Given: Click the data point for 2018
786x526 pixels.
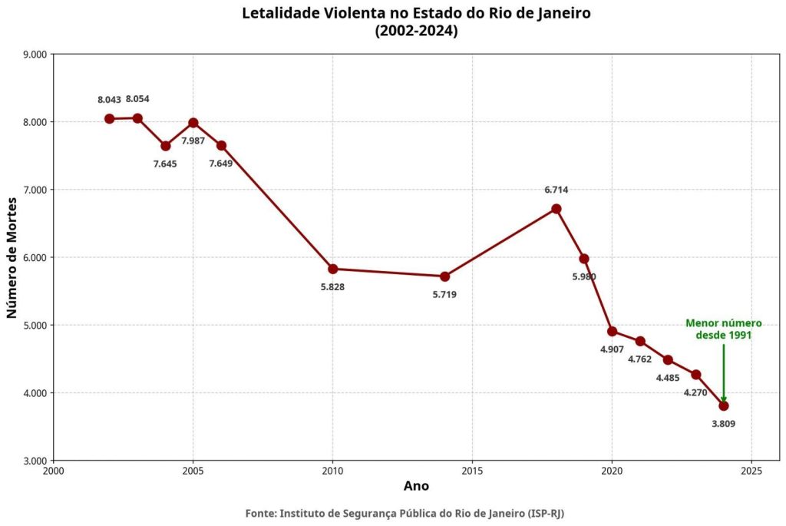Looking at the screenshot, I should [556, 209].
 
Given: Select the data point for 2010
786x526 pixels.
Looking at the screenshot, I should [332, 269].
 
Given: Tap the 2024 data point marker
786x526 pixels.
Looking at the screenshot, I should [724, 405].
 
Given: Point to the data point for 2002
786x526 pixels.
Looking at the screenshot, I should [109, 118].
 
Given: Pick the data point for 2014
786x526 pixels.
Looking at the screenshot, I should [444, 276].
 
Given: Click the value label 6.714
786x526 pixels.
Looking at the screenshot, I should [556, 190].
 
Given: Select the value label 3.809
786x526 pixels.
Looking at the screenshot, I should [724, 423].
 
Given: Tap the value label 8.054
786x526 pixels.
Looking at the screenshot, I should [137, 99].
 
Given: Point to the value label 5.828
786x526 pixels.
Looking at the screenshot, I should [332, 287].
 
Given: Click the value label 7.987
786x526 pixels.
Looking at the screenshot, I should [193, 141].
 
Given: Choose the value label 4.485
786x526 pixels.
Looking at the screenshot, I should [668, 378].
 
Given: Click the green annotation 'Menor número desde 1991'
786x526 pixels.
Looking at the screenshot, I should [723, 329].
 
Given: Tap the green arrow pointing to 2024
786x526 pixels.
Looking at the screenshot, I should [724, 372].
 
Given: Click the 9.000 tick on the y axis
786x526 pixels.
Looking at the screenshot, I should [35, 55].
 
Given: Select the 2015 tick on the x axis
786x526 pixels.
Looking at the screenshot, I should [472, 470].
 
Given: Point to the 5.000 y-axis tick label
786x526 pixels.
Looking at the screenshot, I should [35, 326].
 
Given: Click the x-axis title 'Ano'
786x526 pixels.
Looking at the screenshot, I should [416, 486].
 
